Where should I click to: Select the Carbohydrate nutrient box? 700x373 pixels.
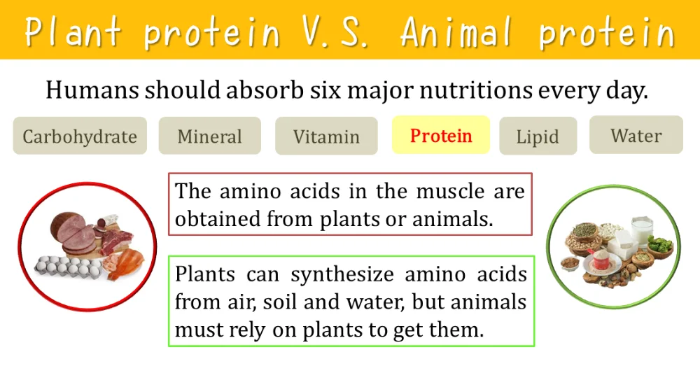click(80, 136)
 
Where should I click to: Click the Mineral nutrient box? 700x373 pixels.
click(210, 136)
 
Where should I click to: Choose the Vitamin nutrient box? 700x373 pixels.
click(326, 136)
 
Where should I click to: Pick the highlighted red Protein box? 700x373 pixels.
click(441, 135)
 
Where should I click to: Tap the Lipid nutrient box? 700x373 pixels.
click(538, 136)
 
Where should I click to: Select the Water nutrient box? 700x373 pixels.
click(636, 135)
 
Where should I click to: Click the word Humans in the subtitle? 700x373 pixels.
click(92, 90)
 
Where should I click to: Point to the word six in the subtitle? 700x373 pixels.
click(325, 90)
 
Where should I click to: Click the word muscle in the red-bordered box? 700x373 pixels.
click(450, 192)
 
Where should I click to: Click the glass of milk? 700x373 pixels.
click(642, 230)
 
